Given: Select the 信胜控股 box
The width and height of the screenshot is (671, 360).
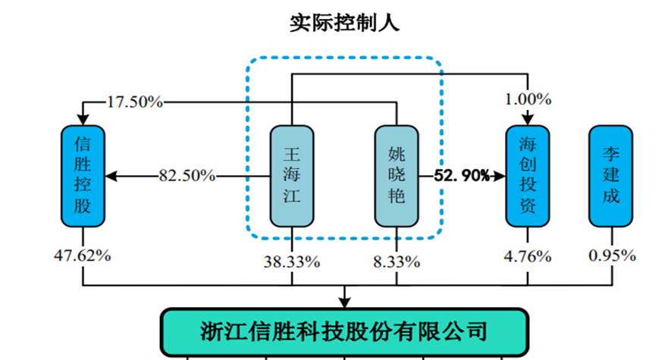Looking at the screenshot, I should (82, 175).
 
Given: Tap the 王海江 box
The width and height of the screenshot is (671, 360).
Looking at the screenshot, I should (291, 175).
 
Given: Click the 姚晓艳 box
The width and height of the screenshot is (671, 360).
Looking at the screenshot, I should (397, 175).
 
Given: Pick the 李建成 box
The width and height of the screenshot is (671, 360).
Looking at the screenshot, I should (610, 175).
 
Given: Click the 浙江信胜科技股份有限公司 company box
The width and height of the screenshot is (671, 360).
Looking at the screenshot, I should (344, 331).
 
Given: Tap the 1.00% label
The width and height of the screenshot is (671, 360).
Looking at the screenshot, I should (528, 99).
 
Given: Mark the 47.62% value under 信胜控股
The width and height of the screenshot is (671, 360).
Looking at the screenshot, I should (83, 255).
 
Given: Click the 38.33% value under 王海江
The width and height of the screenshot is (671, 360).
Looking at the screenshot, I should (291, 262).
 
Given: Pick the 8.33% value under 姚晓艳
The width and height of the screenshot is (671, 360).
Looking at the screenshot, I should (397, 262).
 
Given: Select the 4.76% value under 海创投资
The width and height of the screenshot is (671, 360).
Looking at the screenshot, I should (528, 255).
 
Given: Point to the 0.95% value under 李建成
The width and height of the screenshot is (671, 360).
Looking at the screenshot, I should (611, 255).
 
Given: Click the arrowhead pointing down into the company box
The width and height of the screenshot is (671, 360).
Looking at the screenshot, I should (345, 302).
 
